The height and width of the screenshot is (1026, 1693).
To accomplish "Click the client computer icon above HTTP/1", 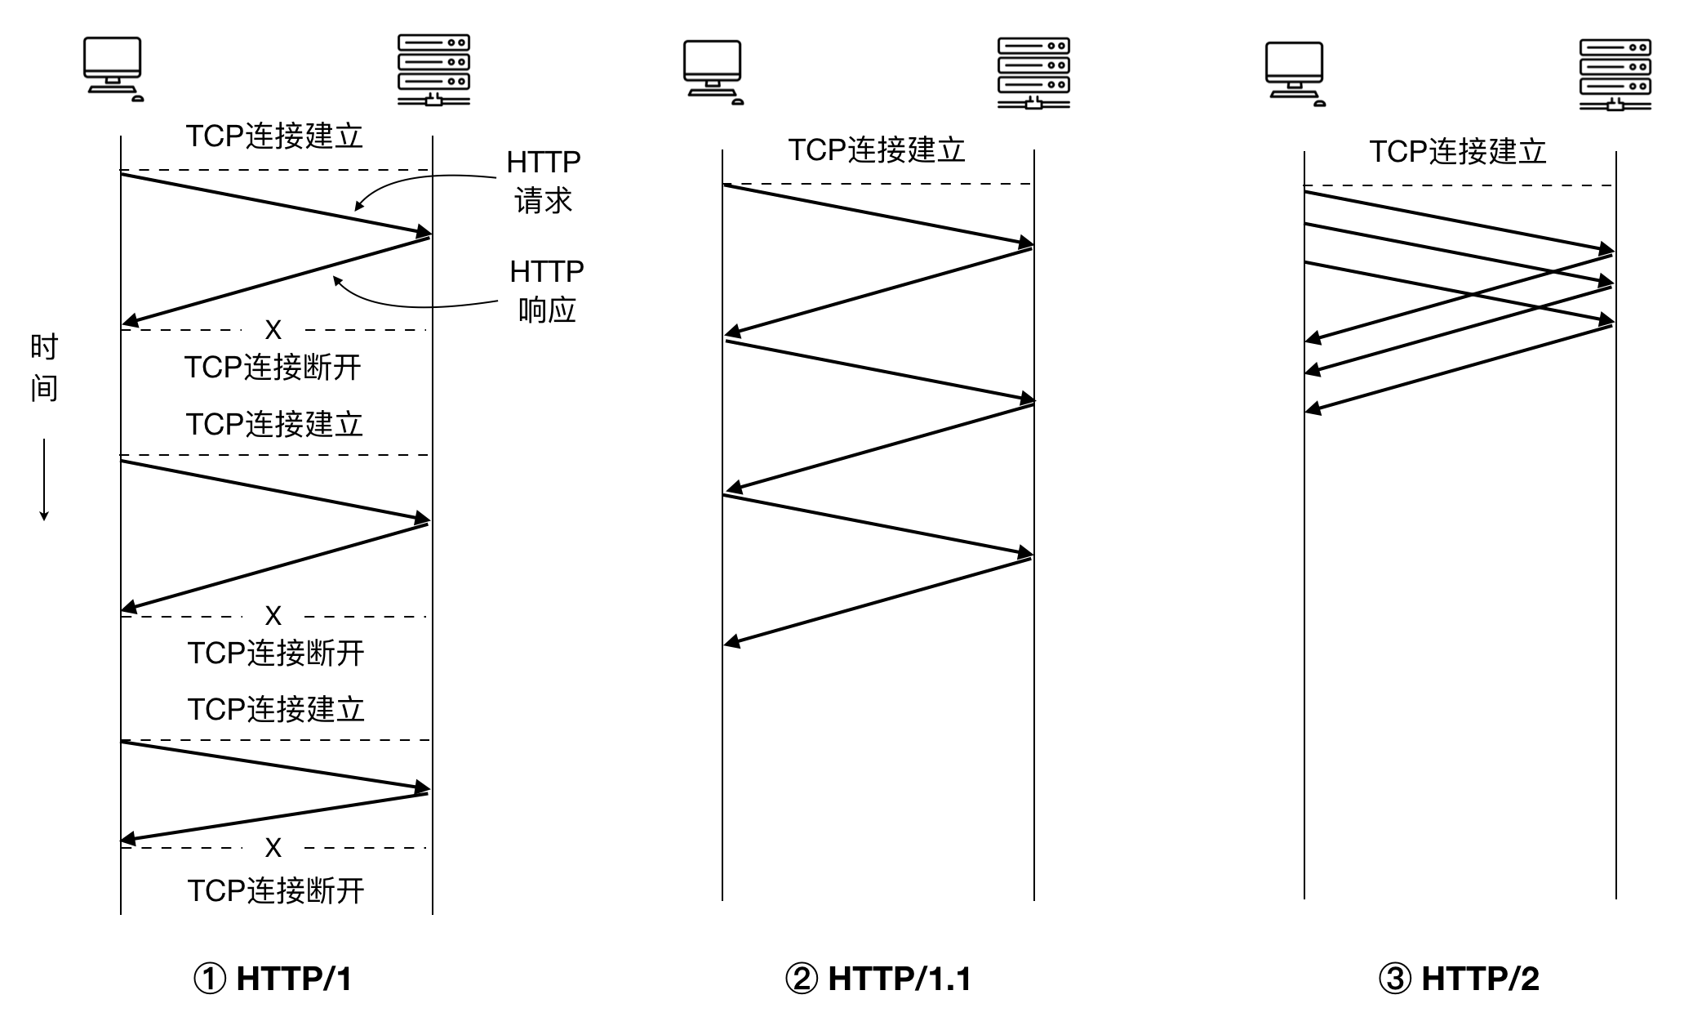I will point(113,69).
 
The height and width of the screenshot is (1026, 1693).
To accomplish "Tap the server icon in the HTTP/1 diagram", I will point(433,70).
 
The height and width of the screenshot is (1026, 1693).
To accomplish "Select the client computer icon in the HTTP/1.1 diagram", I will point(713,73).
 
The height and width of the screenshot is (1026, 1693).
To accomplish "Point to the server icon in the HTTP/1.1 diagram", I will point(1033,74).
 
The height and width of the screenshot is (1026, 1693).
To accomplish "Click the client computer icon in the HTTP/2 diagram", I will point(1295,74).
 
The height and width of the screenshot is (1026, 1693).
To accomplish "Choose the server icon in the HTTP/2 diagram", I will point(1615,75).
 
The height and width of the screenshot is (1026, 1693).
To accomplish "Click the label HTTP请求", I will point(543,181).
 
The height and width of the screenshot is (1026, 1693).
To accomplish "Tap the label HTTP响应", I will point(547,290).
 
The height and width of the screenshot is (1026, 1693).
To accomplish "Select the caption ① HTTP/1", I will point(273,978).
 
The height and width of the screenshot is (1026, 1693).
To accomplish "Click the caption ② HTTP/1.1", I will point(878,978).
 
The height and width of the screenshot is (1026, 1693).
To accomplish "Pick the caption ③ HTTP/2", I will point(1459,978).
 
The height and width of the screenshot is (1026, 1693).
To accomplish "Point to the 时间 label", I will point(44,368).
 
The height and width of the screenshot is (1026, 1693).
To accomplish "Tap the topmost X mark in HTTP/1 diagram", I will point(273,330).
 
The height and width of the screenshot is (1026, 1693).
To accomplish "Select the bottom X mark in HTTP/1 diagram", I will point(273,848).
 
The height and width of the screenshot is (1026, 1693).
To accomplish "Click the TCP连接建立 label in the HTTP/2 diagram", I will point(1458,152).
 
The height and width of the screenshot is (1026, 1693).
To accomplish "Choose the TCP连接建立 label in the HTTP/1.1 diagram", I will point(877,150).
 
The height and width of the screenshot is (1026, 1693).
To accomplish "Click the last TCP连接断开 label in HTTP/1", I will point(276,890).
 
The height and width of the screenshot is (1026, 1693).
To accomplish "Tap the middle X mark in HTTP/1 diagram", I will point(273,616).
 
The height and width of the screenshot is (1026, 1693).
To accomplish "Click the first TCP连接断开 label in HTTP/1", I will point(273,368).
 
